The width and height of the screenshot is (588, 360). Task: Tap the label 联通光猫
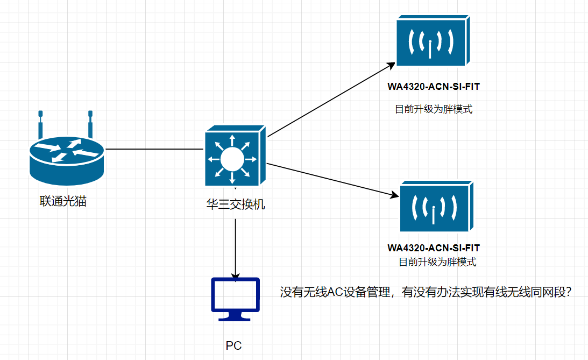click(63, 202)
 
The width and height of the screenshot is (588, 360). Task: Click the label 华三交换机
click(236, 205)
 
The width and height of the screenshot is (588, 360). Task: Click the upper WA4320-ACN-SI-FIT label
click(433, 87)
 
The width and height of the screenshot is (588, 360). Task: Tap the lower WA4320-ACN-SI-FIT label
click(433, 248)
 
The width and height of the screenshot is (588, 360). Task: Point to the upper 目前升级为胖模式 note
click(434, 109)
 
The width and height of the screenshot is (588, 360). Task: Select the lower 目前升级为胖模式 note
click(437, 262)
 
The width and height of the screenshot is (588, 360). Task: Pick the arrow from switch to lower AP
click(331, 179)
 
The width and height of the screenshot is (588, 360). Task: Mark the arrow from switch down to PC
click(236, 248)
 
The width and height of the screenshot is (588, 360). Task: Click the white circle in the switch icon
click(232, 159)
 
